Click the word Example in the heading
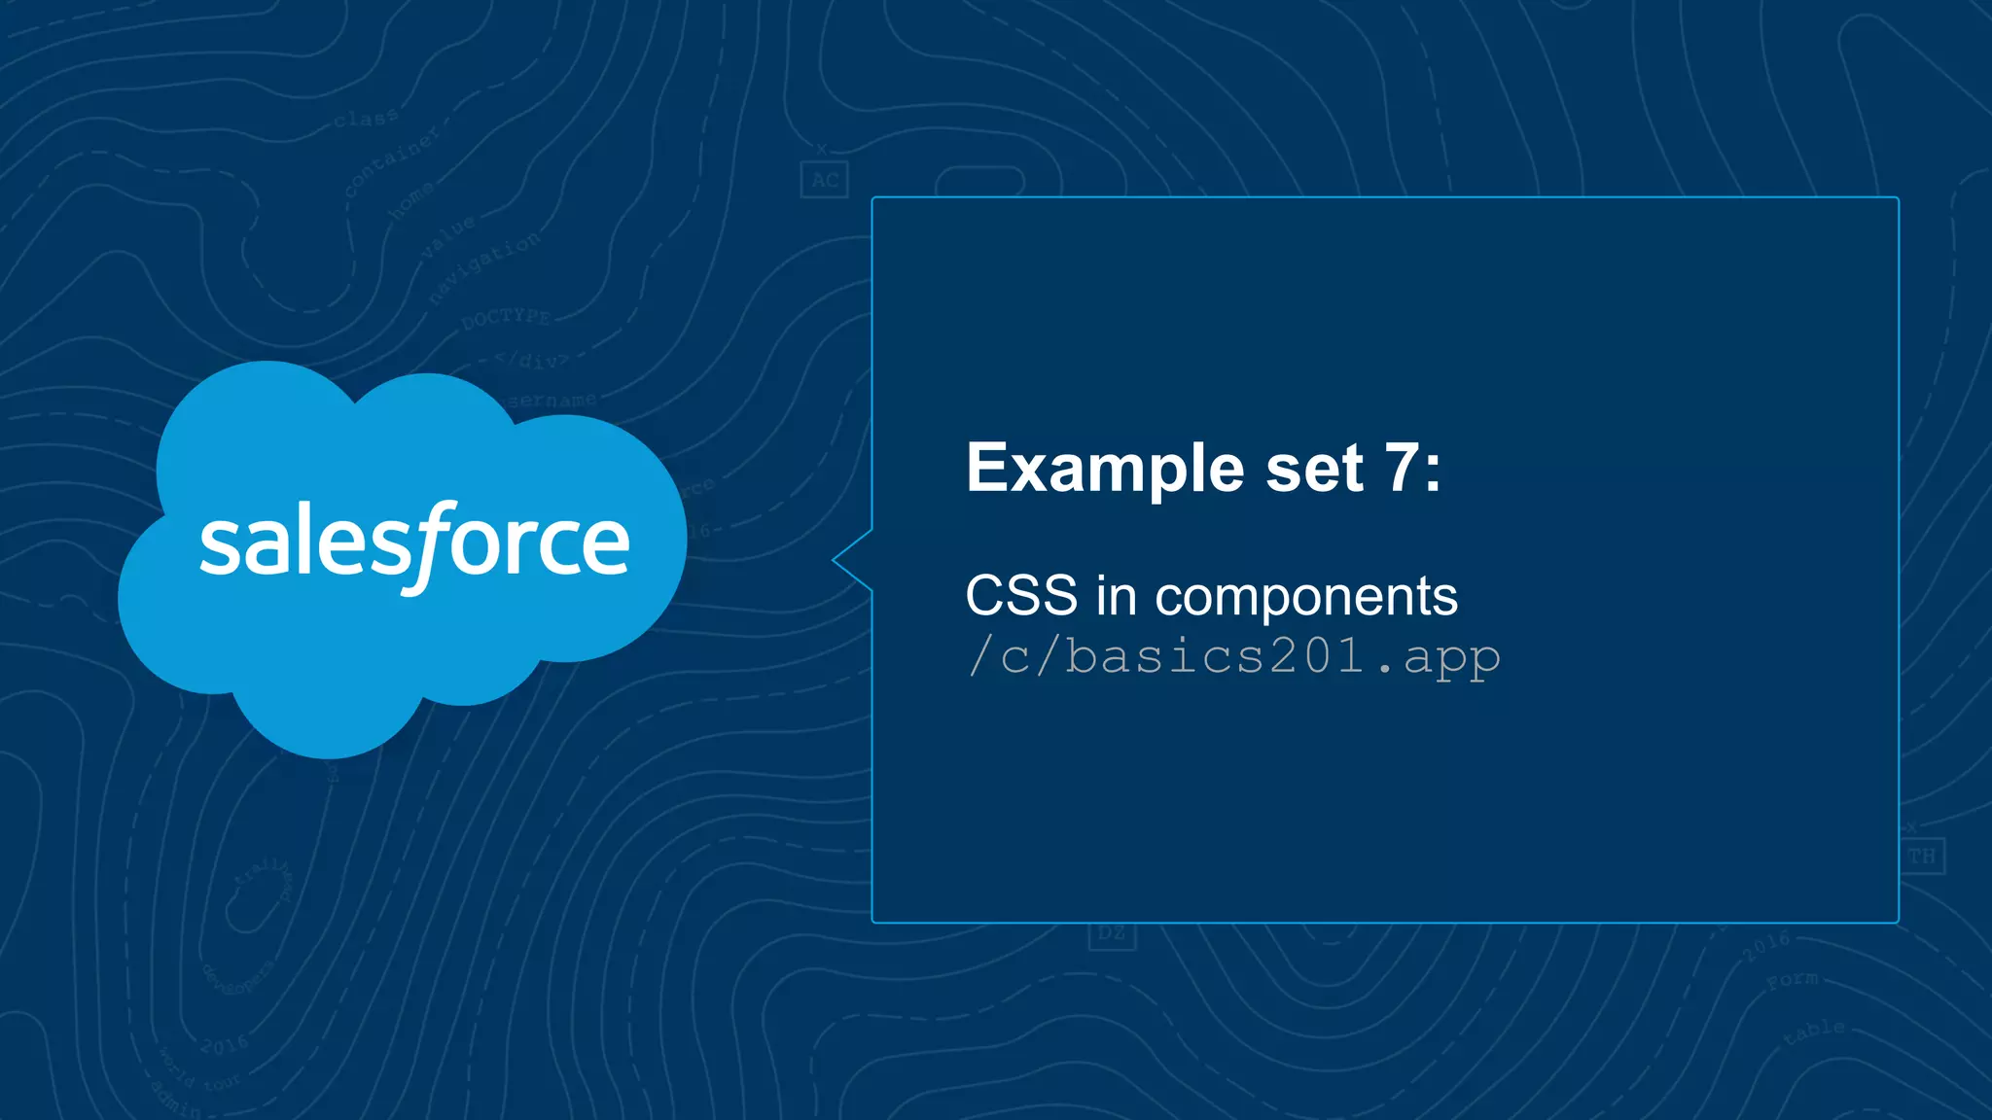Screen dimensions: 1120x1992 click(1105, 470)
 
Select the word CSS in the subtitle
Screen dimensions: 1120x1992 click(1021, 595)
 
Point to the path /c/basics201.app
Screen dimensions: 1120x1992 click(1233, 656)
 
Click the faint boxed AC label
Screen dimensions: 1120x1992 click(825, 181)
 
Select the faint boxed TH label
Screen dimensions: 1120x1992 click(1921, 857)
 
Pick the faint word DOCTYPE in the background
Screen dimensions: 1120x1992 click(506, 318)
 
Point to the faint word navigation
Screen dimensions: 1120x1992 click(484, 268)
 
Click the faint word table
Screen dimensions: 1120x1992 click(1814, 1032)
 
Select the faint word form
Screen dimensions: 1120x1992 click(1792, 980)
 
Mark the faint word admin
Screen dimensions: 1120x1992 click(176, 1099)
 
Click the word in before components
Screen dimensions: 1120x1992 click(1117, 595)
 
